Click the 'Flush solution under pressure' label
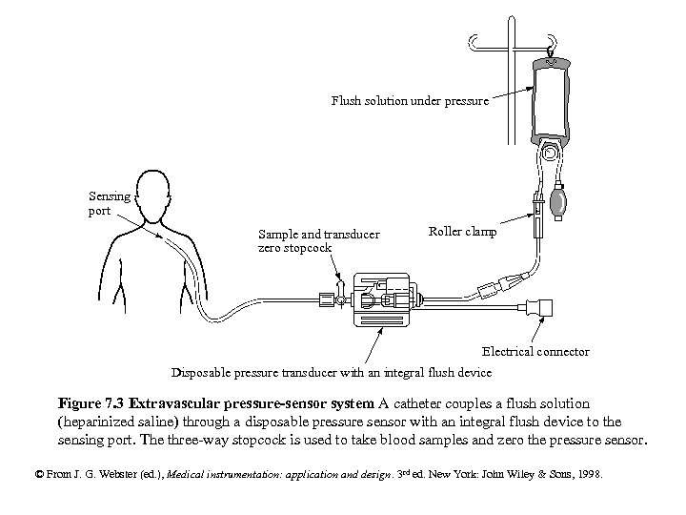(x=410, y=100)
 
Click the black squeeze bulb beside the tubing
(x=560, y=203)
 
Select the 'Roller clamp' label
(x=462, y=232)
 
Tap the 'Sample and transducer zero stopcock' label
(x=318, y=241)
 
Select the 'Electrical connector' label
(x=535, y=352)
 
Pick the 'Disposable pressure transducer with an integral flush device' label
(x=331, y=372)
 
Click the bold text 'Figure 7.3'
(x=91, y=403)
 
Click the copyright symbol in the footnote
(x=38, y=473)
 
